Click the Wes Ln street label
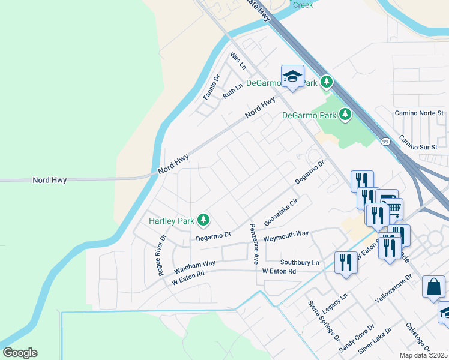(x=238, y=59)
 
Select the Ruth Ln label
(x=232, y=91)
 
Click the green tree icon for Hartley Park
(x=204, y=220)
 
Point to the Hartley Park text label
(x=172, y=221)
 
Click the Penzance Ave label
(x=254, y=244)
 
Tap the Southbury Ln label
(x=299, y=263)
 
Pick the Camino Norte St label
(x=418, y=113)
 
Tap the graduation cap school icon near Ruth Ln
(x=292, y=76)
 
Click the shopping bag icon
(x=433, y=287)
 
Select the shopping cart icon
(x=394, y=208)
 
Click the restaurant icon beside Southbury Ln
(x=346, y=262)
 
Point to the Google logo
(x=20, y=353)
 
